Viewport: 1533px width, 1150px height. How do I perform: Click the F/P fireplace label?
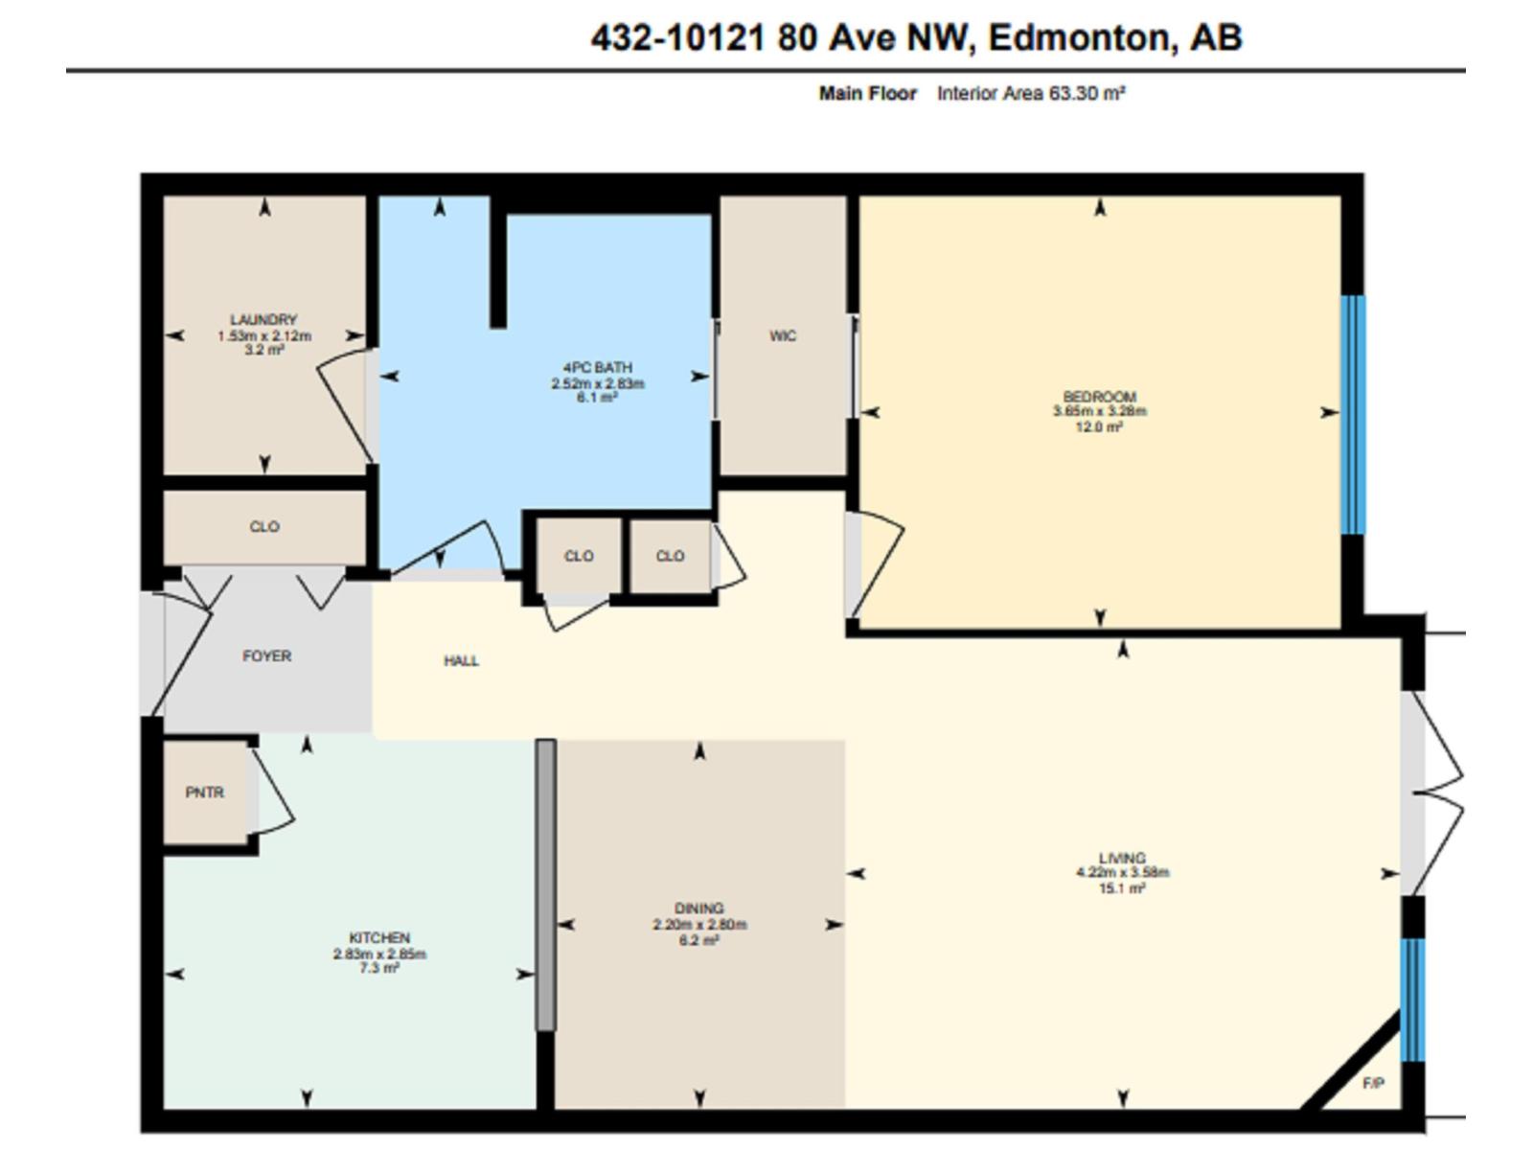1372,1084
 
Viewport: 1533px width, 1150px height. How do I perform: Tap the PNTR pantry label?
204,793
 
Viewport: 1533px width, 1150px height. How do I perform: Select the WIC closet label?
783,336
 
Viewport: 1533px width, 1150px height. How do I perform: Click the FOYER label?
266,656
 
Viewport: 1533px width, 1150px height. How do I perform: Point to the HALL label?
461,661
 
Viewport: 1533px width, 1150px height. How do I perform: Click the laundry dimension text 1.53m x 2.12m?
264,336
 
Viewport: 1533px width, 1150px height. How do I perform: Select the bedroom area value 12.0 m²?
1099,427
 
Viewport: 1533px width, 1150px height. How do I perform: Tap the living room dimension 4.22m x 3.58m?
1122,873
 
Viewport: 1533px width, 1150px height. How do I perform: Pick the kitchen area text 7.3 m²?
379,969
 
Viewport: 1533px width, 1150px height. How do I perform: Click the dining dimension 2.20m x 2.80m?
699,925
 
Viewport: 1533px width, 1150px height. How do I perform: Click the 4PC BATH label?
597,368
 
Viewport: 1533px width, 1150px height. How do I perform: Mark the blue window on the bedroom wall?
1352,414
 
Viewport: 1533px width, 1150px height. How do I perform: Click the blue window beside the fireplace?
1412,1000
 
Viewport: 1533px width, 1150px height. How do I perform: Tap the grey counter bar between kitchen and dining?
545,884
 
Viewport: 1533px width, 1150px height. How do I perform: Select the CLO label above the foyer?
264,527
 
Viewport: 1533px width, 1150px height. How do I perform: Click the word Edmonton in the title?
1078,38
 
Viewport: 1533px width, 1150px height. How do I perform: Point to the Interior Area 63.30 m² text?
1030,94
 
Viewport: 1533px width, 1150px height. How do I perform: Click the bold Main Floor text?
867,94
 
